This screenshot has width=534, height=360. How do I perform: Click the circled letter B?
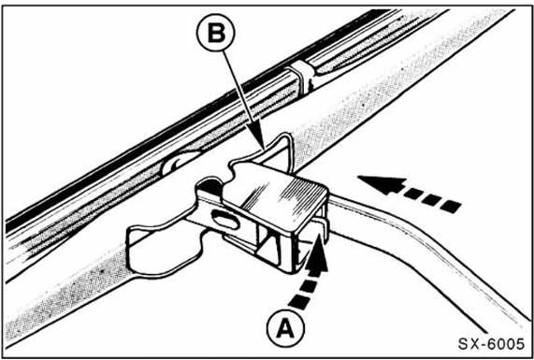[216, 34]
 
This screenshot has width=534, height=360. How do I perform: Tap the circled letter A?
[285, 328]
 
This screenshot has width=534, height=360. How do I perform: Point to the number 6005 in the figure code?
[507, 344]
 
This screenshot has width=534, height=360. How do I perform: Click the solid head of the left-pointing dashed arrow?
[383, 185]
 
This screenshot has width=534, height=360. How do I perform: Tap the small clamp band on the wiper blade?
[301, 77]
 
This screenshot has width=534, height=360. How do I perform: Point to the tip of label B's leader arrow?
[264, 150]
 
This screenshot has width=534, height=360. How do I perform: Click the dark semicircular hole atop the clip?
[209, 186]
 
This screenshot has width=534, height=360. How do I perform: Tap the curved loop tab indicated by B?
[272, 150]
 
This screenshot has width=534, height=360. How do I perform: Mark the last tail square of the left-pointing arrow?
[450, 207]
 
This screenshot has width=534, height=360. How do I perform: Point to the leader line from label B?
[242, 99]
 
